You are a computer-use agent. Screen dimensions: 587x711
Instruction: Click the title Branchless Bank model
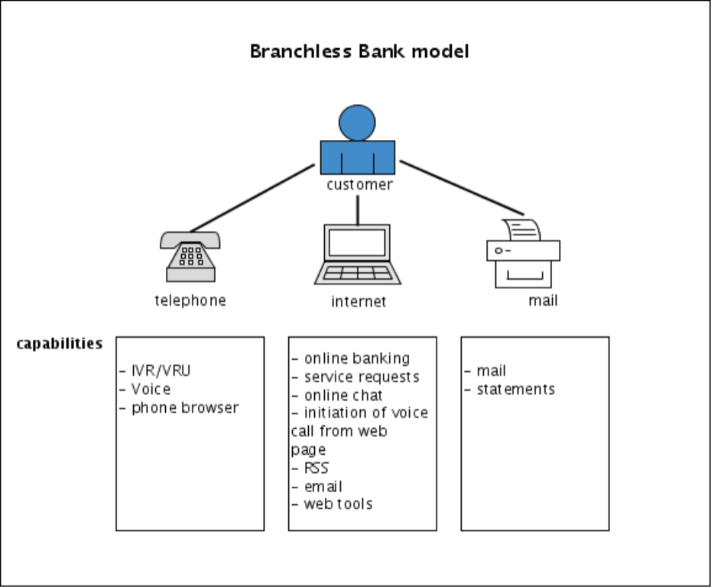pos(359,52)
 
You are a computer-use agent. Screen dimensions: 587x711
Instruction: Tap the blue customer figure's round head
pos(357,122)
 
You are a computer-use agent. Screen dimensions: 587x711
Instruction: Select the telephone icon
pos(190,257)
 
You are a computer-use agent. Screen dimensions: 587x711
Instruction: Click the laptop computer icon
pos(358,254)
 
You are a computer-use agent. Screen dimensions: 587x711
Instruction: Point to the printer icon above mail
pos(523,253)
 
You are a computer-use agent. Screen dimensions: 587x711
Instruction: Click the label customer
pos(359,185)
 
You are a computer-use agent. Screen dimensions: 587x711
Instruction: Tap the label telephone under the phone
pos(190,300)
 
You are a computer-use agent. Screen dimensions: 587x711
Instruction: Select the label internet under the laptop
pos(359,301)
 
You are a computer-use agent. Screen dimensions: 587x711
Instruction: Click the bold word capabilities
pos(60,343)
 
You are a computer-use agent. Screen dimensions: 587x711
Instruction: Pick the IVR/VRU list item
pos(161,371)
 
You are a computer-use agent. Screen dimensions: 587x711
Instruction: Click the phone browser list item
pos(185,407)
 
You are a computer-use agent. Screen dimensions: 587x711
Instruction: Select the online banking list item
pos(356,358)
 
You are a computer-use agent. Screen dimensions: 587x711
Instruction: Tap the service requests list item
pos(361,377)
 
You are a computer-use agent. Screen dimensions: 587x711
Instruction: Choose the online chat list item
pos(343,395)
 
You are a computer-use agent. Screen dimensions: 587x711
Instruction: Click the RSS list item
pos(316,468)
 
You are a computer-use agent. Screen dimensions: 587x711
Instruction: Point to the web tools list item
pos(338,504)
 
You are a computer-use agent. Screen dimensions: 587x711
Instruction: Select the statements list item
pos(515,389)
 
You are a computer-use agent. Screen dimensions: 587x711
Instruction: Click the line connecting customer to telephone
pos(252,197)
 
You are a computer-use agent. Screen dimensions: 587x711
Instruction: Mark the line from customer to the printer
pos(461,187)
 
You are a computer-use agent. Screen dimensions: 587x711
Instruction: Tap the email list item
pos(323,486)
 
